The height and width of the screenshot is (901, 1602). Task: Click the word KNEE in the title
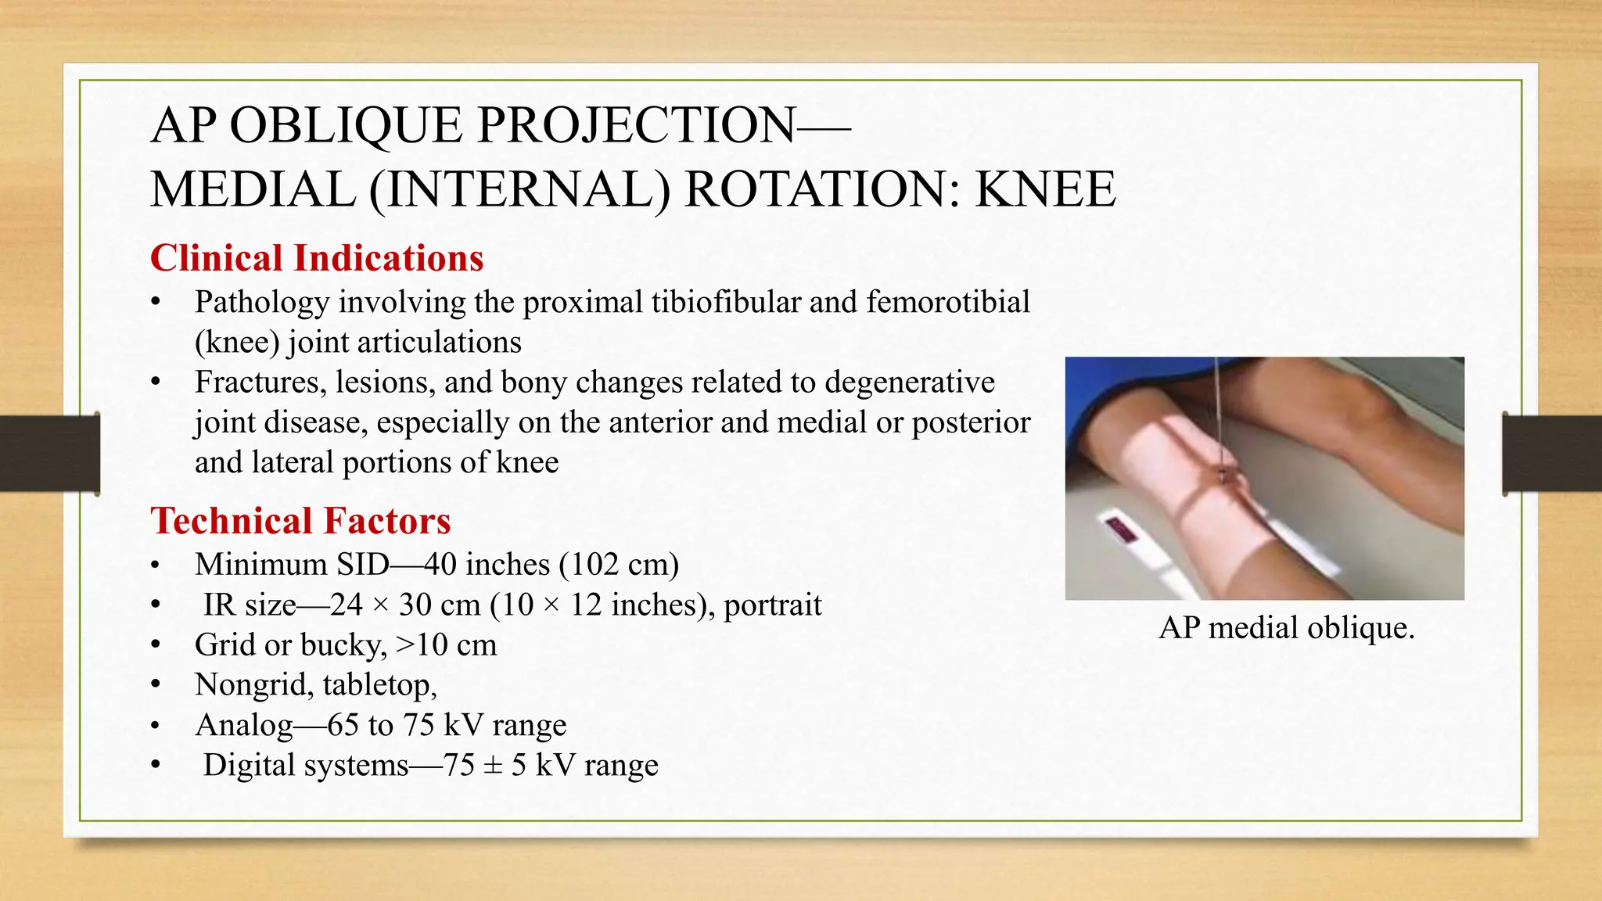[1045, 190]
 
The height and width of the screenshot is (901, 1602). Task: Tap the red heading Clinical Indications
[317, 258]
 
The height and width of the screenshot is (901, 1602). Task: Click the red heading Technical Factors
[300, 521]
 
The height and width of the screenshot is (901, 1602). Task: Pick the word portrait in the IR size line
[772, 605]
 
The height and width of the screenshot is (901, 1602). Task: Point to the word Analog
[244, 725]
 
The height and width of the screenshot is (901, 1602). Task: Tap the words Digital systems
[306, 765]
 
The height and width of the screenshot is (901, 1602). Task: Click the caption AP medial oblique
[1287, 627]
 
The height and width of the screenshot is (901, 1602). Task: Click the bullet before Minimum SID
[156, 565]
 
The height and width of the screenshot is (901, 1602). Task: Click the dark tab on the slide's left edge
[49, 454]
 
